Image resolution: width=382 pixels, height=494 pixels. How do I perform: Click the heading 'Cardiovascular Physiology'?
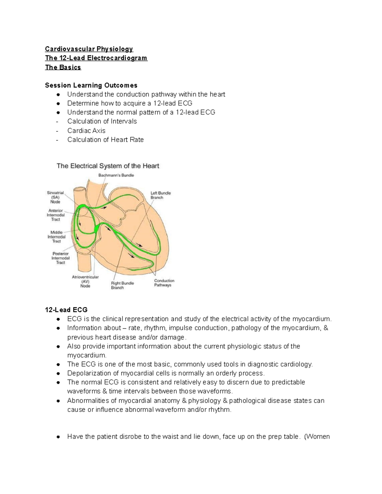click(89, 49)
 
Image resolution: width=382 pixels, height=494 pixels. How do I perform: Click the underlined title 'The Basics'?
click(63, 67)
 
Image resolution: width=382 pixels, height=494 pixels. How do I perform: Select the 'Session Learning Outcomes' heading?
click(91, 85)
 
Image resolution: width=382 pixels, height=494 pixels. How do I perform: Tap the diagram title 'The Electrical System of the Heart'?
click(108, 166)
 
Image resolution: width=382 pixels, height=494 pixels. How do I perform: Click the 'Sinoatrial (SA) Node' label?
click(55, 197)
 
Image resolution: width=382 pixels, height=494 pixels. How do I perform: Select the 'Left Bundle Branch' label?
click(160, 195)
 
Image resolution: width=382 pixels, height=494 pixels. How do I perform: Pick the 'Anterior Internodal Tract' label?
click(56, 215)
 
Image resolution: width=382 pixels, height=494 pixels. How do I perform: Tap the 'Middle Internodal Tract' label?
click(56, 237)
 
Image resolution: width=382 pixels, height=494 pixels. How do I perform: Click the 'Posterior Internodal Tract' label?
click(60, 258)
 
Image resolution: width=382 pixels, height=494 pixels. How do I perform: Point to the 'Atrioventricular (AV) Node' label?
click(85, 282)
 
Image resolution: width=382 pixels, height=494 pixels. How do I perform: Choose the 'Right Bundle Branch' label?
click(122, 285)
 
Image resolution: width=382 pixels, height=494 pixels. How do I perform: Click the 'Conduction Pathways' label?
click(164, 283)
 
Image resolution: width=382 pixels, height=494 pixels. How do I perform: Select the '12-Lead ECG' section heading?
click(66, 310)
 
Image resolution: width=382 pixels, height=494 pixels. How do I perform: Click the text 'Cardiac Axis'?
click(86, 131)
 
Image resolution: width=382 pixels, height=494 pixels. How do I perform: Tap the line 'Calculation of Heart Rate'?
click(105, 140)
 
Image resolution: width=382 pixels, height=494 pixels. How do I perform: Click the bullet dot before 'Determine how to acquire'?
click(58, 103)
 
